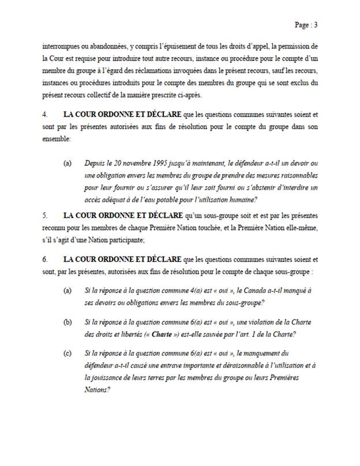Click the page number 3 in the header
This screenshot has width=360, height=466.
point(316,25)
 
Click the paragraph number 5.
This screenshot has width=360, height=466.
point(44,215)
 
